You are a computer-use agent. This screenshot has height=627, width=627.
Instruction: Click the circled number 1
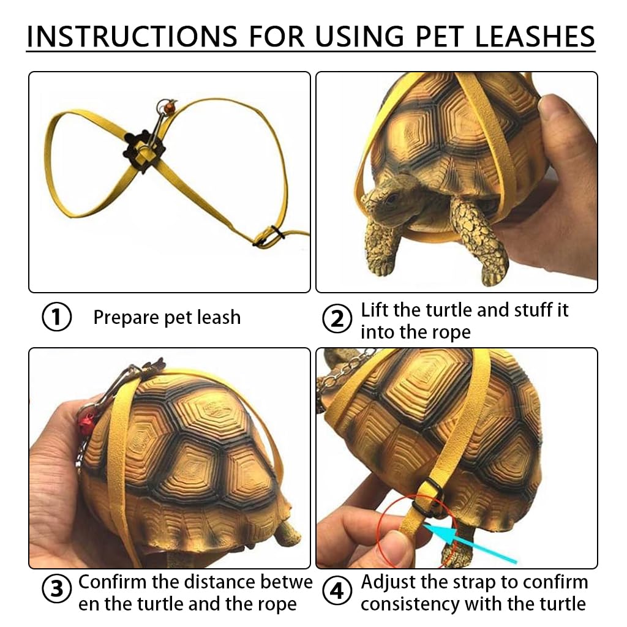coord(56,318)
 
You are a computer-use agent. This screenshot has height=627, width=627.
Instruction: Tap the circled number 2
coord(337,320)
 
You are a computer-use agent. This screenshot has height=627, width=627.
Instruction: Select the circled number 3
coord(56,590)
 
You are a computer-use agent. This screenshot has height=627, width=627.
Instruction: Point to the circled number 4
coord(337,592)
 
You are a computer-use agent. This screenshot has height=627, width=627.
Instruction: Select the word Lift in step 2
coord(375,310)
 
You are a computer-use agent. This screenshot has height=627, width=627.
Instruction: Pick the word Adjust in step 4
coord(390,581)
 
